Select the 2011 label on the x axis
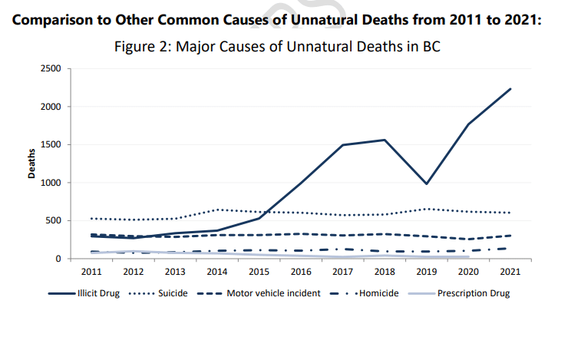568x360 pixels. pos(91,272)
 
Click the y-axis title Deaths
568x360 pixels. pos(32,163)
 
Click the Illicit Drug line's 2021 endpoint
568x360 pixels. pos(510,89)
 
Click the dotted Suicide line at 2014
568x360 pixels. pos(216,210)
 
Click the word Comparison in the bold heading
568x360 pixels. pos(54,19)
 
